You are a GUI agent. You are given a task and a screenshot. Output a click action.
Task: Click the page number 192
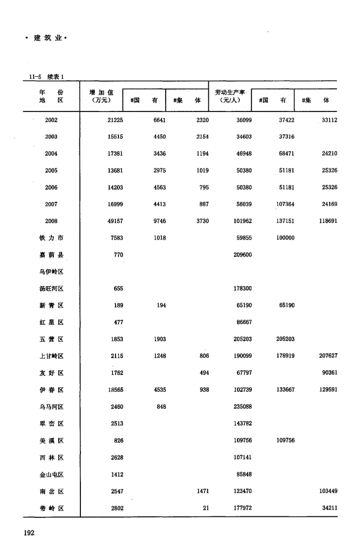(x=28, y=533)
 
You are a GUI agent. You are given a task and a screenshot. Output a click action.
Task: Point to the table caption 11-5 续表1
(x=47, y=77)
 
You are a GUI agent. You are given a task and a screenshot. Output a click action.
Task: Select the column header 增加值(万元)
(x=101, y=96)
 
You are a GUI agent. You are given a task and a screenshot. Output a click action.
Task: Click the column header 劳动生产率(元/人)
(x=229, y=96)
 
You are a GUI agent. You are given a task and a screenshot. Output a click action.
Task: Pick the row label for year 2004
(x=51, y=154)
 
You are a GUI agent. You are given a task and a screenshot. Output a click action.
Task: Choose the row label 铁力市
(x=51, y=238)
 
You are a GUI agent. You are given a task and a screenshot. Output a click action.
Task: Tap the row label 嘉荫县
(x=51, y=255)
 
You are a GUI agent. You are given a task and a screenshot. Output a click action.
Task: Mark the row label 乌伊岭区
(x=51, y=272)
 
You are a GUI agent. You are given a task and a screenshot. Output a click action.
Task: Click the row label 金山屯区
(x=51, y=475)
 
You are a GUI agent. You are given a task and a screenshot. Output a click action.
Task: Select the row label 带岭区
(x=51, y=508)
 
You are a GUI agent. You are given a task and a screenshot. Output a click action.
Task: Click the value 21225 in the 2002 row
(x=115, y=120)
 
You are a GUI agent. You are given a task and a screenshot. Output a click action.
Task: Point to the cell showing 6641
(x=159, y=120)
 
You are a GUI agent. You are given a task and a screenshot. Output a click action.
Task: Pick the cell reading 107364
(x=284, y=204)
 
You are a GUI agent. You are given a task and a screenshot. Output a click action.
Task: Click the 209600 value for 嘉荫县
(x=243, y=255)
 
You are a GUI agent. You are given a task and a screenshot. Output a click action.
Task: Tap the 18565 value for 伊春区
(x=115, y=390)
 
